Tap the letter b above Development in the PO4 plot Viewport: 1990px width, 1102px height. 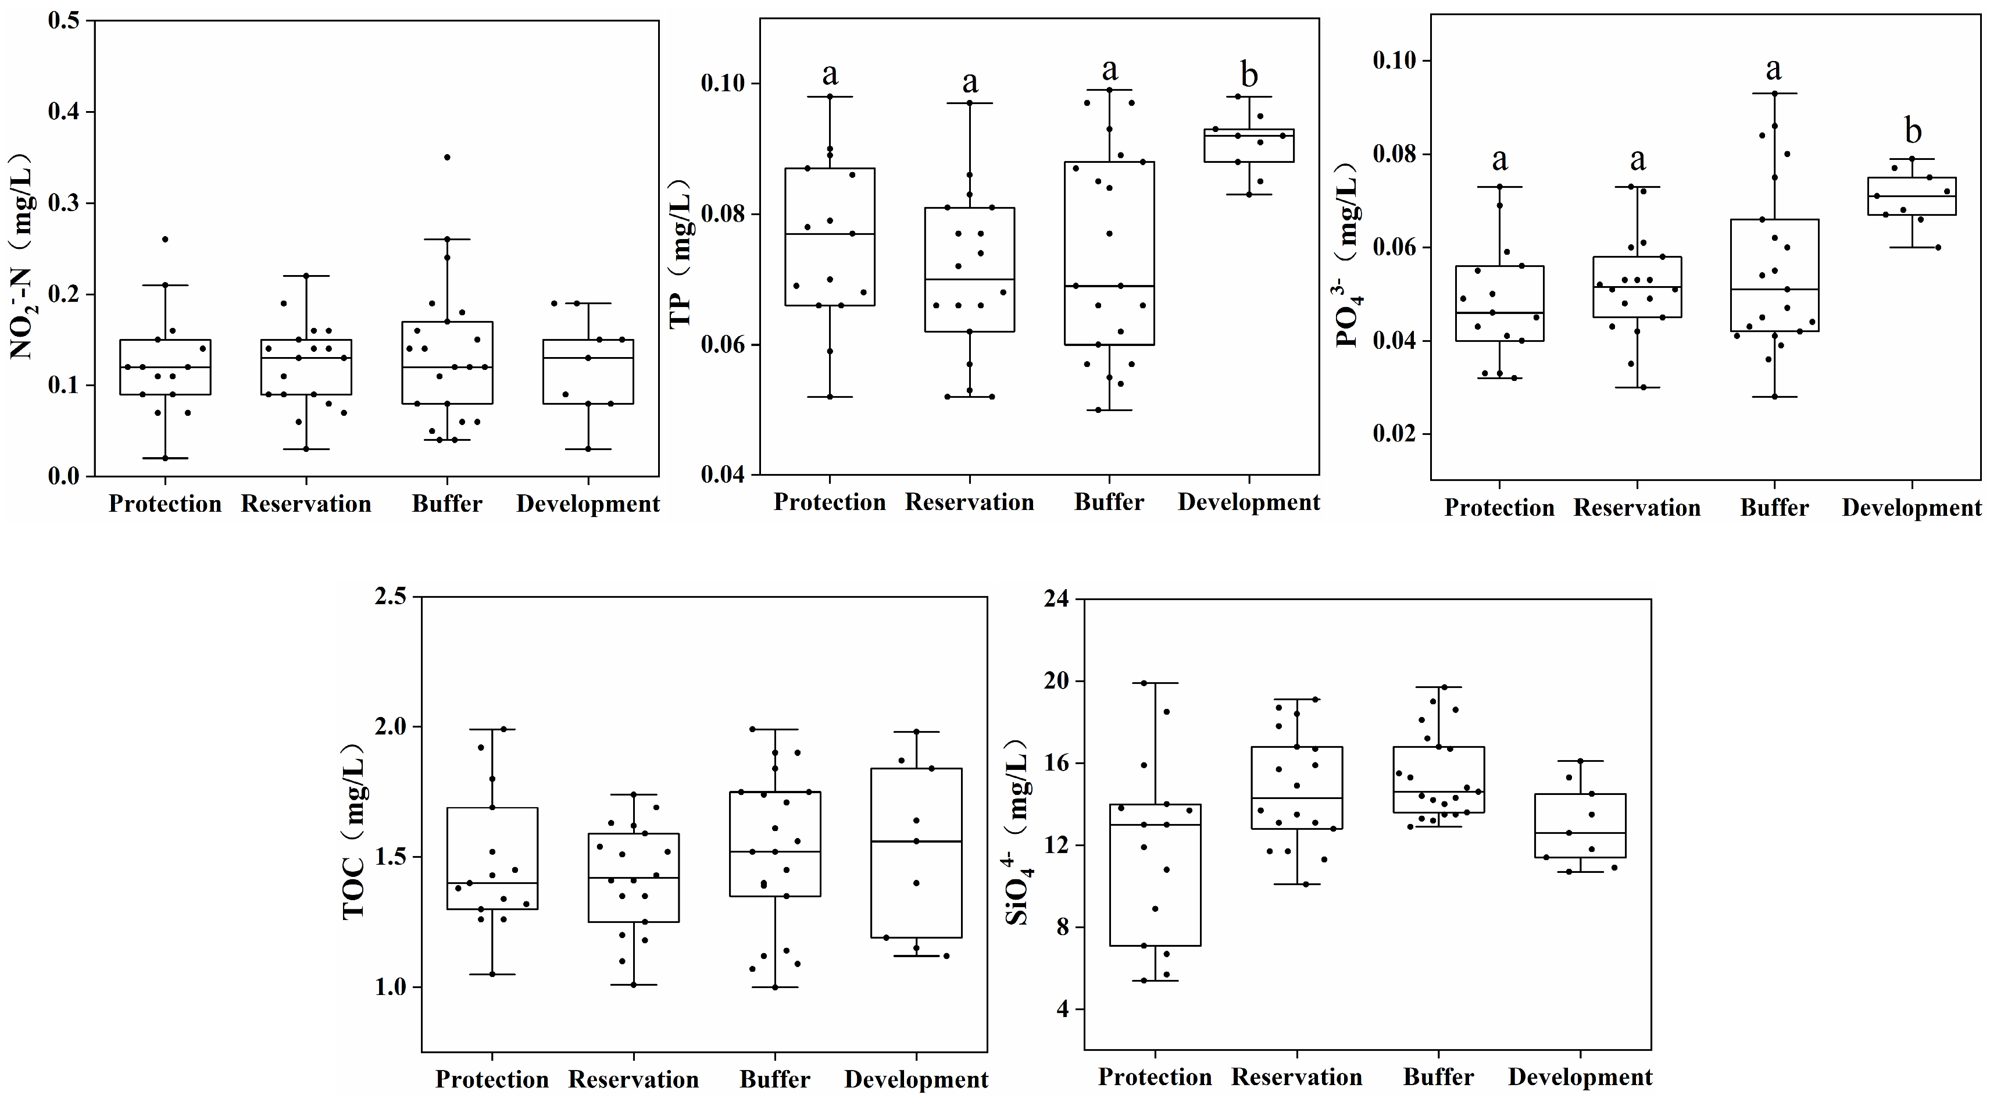1913,131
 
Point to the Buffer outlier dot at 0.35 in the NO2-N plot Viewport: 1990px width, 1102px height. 446,157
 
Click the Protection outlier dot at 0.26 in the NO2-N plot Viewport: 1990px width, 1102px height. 165,239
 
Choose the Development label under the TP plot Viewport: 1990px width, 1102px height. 1248,502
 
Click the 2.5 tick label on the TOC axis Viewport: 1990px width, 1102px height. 392,597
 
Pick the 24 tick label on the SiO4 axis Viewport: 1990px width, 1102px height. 1060,600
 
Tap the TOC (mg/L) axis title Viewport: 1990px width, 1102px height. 354,832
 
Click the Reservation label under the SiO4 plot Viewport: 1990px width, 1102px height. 1296,1076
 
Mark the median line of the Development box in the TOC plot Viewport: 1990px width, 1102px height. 916,841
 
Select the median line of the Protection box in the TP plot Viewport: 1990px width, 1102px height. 830,233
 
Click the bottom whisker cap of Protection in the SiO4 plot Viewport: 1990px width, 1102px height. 1155,980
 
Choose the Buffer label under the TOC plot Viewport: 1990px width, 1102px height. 775,1079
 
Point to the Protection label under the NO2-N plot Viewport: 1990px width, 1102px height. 165,504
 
